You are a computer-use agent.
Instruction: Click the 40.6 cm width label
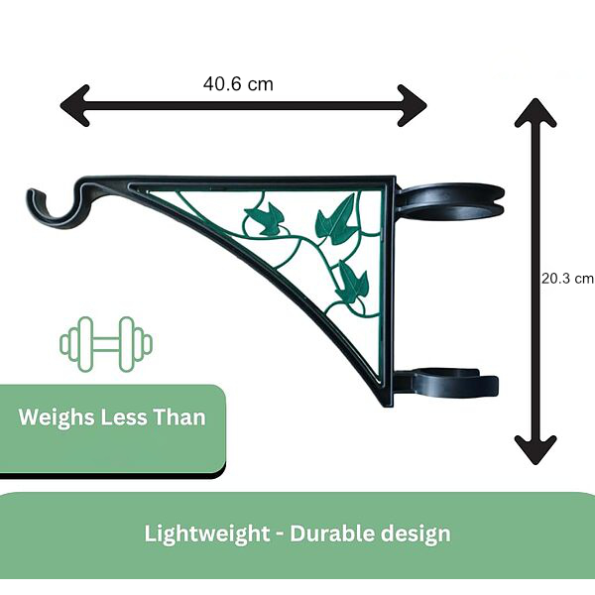(238, 84)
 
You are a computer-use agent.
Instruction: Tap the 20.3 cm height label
(567, 279)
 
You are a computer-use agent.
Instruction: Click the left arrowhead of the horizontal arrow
(75, 105)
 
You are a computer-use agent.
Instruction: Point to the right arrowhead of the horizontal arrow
(413, 105)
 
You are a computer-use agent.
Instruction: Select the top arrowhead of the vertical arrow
(535, 112)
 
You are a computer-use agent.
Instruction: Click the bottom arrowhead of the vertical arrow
(535, 450)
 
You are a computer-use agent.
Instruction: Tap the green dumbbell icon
(106, 344)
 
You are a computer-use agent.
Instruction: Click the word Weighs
(57, 418)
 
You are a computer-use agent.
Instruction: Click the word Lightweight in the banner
(207, 535)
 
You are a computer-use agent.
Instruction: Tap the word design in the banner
(416, 535)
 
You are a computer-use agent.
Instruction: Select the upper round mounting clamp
(451, 202)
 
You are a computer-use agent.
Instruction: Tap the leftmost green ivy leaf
(263, 218)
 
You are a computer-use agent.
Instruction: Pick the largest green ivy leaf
(336, 220)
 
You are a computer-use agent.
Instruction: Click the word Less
(123, 417)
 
